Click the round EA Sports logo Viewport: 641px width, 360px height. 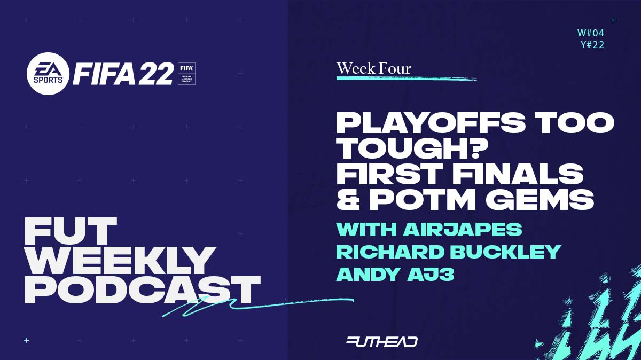click(x=48, y=74)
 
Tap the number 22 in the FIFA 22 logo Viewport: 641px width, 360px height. click(x=156, y=74)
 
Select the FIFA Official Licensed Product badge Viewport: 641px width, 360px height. click(x=186, y=74)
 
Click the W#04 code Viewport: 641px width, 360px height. click(x=591, y=33)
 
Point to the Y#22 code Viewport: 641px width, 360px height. click(x=592, y=45)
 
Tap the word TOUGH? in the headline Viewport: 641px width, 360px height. click(x=408, y=148)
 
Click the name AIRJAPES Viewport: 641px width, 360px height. click(x=462, y=229)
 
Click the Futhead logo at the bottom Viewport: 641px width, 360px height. click(x=382, y=342)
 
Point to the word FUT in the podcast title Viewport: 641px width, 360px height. click(x=71, y=231)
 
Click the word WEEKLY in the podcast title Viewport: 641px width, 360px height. click(x=120, y=261)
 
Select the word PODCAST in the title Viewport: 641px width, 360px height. click(x=142, y=290)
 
